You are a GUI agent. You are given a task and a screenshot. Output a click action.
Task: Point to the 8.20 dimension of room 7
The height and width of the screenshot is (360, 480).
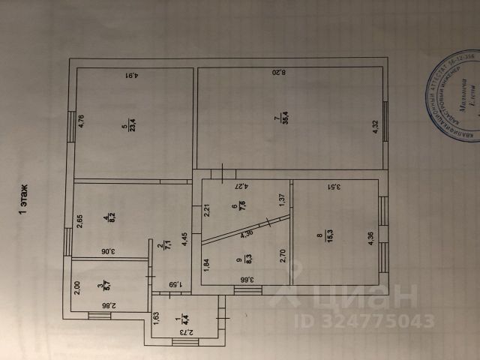click(x=279, y=73)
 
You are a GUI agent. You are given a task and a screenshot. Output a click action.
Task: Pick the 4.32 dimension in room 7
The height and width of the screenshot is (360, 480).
click(x=377, y=128)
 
